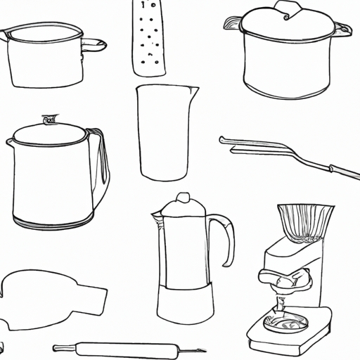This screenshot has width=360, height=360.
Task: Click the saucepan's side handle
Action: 93,46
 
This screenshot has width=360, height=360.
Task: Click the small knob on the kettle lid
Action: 49,120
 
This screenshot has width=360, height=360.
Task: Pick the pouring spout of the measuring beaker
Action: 194,89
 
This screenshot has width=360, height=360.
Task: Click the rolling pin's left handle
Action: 63,347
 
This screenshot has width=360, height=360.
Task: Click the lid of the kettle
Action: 48,134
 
